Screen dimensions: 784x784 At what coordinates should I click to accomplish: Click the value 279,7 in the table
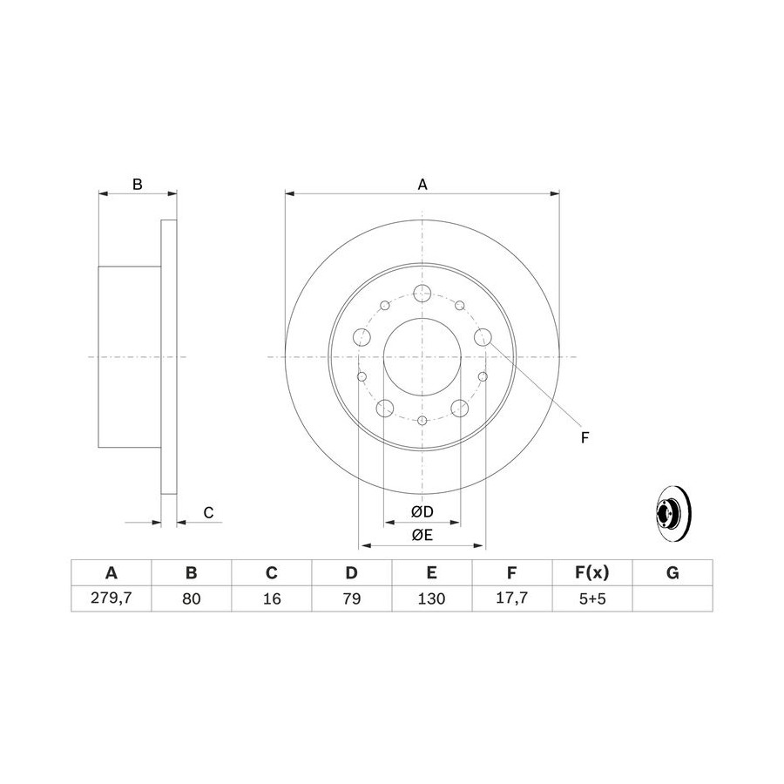click(x=111, y=598)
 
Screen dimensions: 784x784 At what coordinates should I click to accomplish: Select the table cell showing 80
click(x=191, y=598)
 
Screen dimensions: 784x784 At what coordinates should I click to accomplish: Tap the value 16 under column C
click(x=272, y=598)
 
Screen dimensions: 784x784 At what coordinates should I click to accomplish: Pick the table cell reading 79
click(x=352, y=598)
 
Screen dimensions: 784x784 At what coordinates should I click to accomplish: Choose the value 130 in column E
click(x=431, y=598)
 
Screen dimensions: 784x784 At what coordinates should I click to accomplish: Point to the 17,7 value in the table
click(x=511, y=598)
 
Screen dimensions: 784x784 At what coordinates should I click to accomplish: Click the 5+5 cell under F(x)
click(x=592, y=598)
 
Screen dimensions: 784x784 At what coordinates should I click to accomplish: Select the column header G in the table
click(x=672, y=572)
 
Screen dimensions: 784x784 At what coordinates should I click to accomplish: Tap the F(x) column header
click(x=592, y=572)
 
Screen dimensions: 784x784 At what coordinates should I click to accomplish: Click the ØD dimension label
click(x=422, y=511)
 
